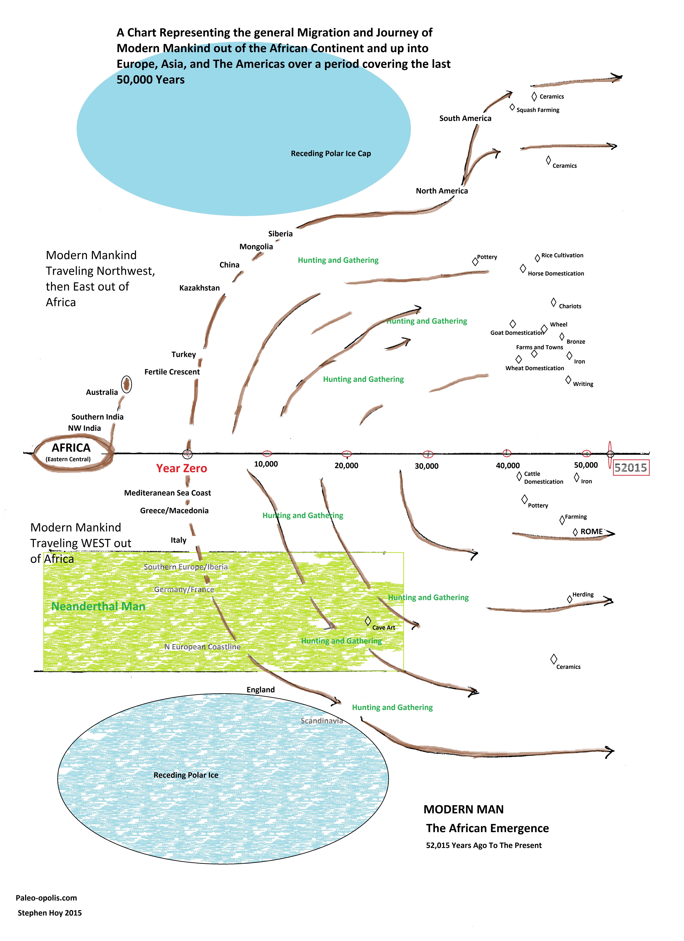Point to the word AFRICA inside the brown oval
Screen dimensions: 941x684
tap(71, 448)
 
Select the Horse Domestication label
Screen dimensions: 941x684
tap(556, 273)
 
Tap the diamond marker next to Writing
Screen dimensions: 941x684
tap(568, 380)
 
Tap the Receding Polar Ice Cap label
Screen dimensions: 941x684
tap(331, 154)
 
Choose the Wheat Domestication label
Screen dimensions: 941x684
tap(535, 368)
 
